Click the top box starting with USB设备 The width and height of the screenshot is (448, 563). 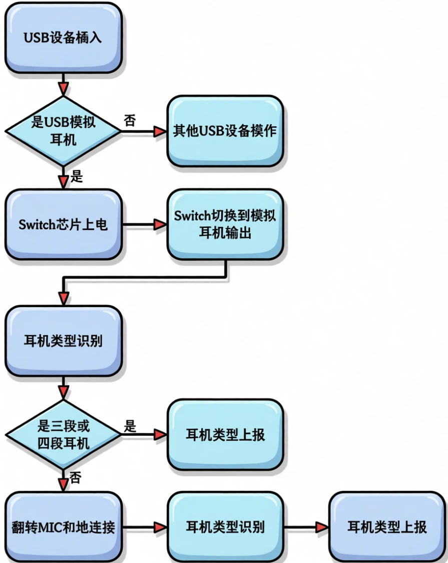(x=63, y=38)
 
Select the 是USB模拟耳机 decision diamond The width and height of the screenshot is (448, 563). (x=63, y=131)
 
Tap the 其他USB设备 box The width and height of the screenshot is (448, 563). (x=225, y=131)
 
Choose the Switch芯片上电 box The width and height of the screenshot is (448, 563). (x=63, y=224)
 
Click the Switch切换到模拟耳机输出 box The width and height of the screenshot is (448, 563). (x=225, y=224)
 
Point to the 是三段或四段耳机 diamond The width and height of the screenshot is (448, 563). (x=63, y=435)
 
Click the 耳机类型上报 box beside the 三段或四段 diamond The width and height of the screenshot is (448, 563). (x=225, y=435)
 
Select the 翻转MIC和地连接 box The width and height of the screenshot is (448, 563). (x=63, y=527)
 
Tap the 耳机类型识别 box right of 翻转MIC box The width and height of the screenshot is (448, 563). (x=225, y=527)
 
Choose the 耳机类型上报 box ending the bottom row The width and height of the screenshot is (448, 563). (x=387, y=527)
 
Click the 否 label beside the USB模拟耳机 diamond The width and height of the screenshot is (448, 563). (x=130, y=121)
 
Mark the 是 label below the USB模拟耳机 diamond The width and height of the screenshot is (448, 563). (x=77, y=176)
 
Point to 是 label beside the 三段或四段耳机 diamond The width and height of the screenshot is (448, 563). (x=130, y=427)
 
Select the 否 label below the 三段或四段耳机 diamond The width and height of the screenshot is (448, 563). (x=76, y=477)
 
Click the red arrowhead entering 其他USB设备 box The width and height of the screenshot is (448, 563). (x=160, y=132)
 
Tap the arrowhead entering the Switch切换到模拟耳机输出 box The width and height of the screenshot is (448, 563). (x=160, y=225)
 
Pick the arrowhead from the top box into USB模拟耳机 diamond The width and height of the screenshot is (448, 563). (x=63, y=89)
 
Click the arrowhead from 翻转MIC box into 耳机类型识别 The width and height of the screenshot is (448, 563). (x=160, y=527)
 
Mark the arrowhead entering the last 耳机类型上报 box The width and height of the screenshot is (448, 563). (x=321, y=527)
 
